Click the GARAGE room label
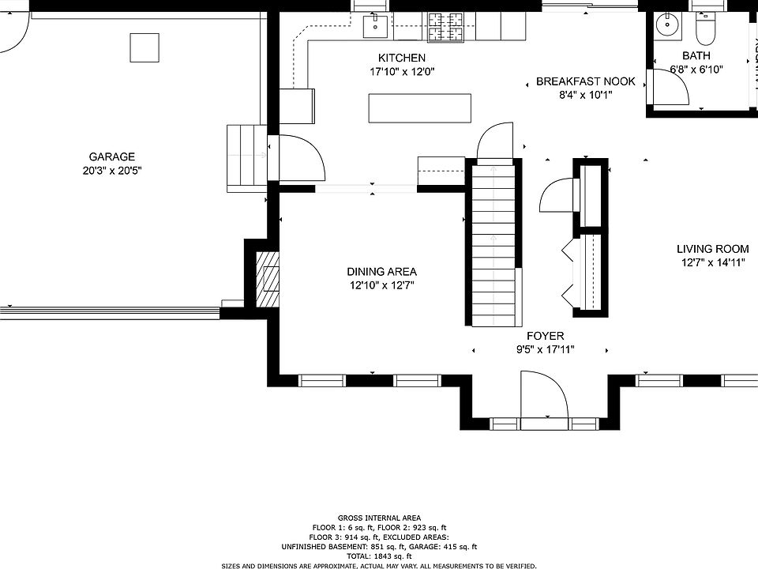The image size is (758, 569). [x=111, y=156]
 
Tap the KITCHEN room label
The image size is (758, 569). [x=402, y=58]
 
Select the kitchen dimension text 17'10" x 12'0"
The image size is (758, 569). [x=402, y=71]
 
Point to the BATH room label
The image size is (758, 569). [x=696, y=56]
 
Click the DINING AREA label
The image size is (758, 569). [x=382, y=272]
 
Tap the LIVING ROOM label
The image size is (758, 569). [x=712, y=249]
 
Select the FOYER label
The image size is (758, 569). [x=546, y=336]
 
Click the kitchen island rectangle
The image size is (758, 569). [x=419, y=108]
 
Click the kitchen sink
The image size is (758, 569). [x=375, y=27]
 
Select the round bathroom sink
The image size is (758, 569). [x=668, y=25]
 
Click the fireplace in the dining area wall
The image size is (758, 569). [x=268, y=279]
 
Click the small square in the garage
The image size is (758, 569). [x=144, y=47]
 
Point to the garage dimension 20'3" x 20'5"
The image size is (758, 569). [x=111, y=170]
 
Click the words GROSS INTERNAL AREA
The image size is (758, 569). [x=379, y=518]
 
